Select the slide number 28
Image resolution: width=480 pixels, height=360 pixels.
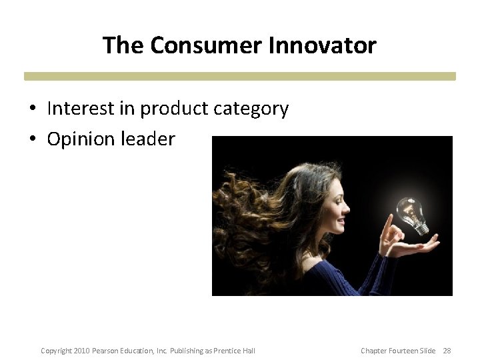[x=447, y=351]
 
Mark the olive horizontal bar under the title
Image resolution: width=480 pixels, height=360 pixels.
[x=240, y=76]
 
